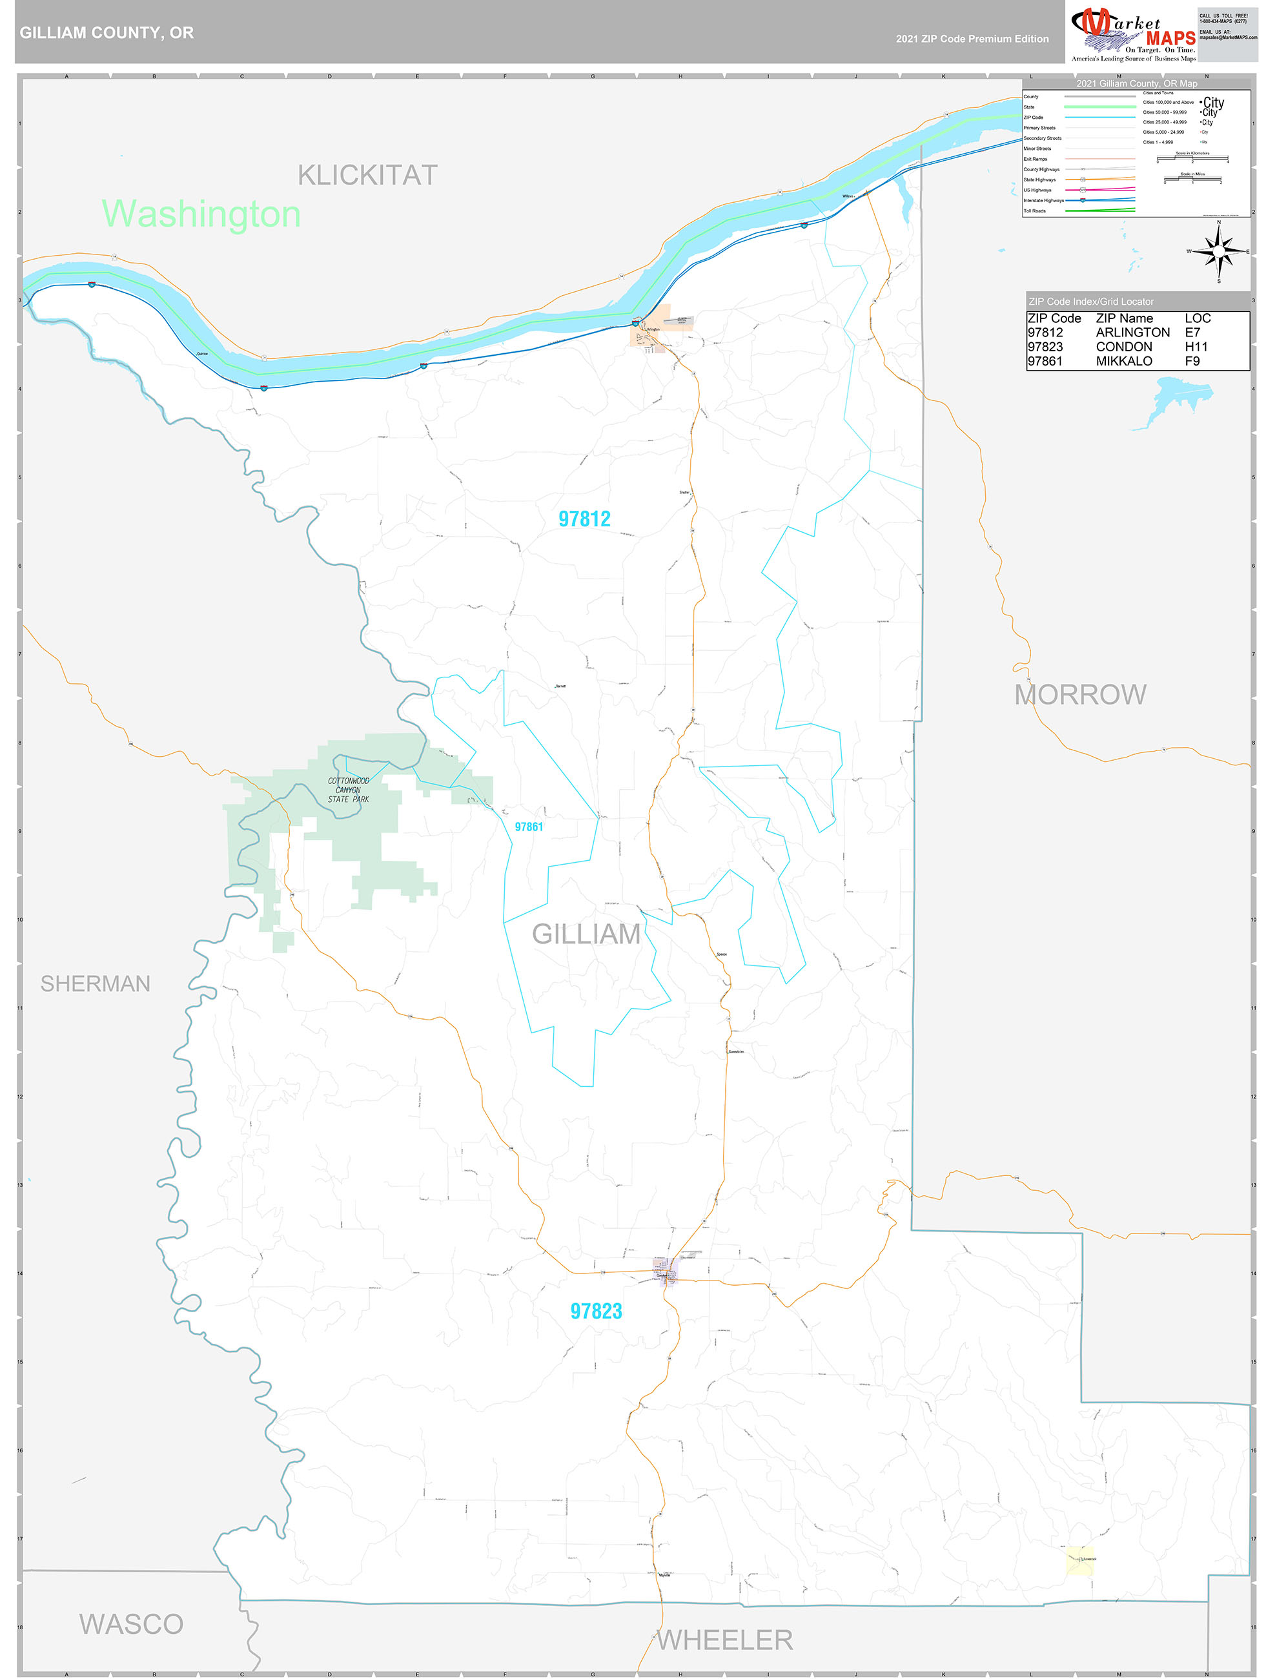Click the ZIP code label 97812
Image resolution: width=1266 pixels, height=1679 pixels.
pyautogui.click(x=584, y=519)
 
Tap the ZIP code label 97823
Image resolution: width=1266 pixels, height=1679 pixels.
pyautogui.click(x=596, y=1311)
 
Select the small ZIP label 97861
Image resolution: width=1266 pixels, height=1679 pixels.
pyautogui.click(x=528, y=827)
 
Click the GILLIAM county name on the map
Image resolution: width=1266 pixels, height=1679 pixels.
pyautogui.click(x=586, y=934)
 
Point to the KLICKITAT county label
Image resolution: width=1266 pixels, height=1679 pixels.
pyautogui.click(x=367, y=176)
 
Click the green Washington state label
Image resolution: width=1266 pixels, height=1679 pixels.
pyautogui.click(x=201, y=214)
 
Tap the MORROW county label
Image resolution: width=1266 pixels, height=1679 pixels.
pyautogui.click(x=1080, y=694)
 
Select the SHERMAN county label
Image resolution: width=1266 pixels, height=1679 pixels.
pyautogui.click(x=96, y=984)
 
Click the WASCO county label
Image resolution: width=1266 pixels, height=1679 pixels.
pyautogui.click(x=131, y=1623)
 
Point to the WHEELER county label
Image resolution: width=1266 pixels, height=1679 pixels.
pyautogui.click(x=725, y=1640)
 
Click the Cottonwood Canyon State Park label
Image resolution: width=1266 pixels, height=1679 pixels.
pyautogui.click(x=349, y=789)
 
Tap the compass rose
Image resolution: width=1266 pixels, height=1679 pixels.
pyautogui.click(x=1218, y=252)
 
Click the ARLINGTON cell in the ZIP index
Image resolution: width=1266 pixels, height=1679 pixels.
pyautogui.click(x=1132, y=333)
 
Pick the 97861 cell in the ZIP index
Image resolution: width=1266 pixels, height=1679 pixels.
pyautogui.click(x=1045, y=361)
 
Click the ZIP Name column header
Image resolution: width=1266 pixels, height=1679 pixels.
pyautogui.click(x=1124, y=318)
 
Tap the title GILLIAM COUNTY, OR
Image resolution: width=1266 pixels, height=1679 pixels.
pyautogui.click(x=107, y=33)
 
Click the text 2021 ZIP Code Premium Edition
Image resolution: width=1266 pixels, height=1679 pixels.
pyautogui.click(x=972, y=39)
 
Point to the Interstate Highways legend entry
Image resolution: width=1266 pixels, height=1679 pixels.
pyautogui.click(x=1044, y=200)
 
